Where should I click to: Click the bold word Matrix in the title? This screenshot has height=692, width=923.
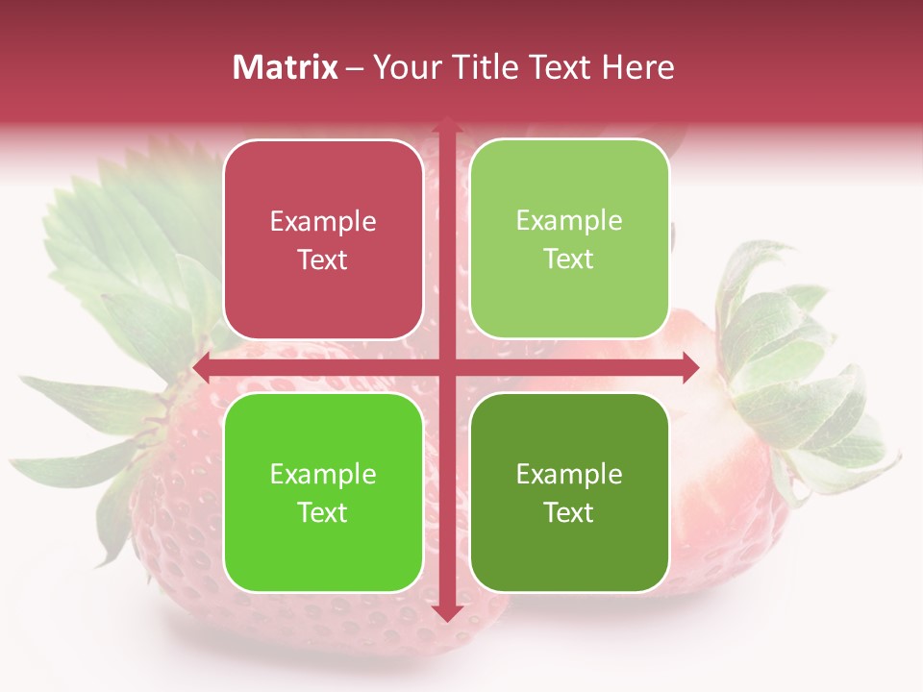point(286,67)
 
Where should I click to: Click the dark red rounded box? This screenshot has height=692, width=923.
point(323,240)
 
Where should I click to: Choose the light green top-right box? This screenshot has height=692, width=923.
point(569,239)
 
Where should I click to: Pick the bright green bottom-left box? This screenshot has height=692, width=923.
point(323,492)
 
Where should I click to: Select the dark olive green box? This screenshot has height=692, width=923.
point(569,492)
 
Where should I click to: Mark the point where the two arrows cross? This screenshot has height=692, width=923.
point(446,367)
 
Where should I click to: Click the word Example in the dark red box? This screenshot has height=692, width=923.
point(323,222)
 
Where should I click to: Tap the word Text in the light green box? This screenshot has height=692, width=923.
point(568,259)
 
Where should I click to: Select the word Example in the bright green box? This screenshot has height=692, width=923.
point(323,474)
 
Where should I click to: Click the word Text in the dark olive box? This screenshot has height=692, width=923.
point(568,513)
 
